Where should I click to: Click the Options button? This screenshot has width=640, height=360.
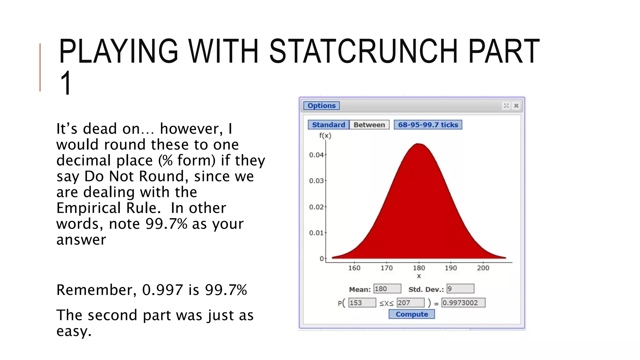pyautogui.click(x=321, y=106)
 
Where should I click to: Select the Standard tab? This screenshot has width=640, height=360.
pyautogui.click(x=328, y=125)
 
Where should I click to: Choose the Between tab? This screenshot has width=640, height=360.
pyautogui.click(x=369, y=125)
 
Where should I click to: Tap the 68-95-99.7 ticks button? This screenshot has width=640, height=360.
pyautogui.click(x=427, y=125)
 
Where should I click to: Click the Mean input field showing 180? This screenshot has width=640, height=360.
pyautogui.click(x=387, y=288)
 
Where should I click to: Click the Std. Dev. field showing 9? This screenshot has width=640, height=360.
pyautogui.click(x=460, y=288)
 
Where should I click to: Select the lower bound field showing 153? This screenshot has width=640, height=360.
pyautogui.click(x=362, y=302)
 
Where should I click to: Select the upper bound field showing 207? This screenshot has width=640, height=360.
pyautogui.click(x=410, y=302)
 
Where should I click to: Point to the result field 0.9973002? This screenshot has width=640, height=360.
pyautogui.click(x=463, y=302)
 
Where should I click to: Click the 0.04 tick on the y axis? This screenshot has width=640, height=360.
pyautogui.click(x=316, y=155)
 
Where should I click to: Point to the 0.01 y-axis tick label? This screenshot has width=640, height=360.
pyautogui.click(x=316, y=233)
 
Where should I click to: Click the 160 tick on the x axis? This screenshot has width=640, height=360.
pyautogui.click(x=354, y=268)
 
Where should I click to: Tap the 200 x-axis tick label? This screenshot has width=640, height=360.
pyautogui.click(x=483, y=268)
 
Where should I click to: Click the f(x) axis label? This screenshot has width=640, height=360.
pyautogui.click(x=325, y=136)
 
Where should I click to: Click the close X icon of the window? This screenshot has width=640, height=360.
pyautogui.click(x=516, y=106)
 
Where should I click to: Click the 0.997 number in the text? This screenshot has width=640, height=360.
pyautogui.click(x=162, y=290)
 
